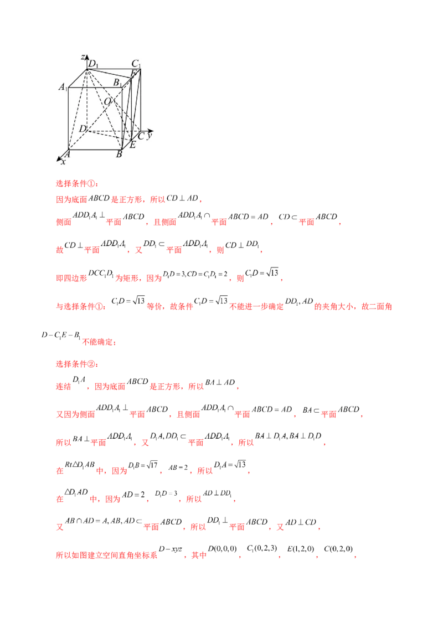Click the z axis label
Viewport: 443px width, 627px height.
82,57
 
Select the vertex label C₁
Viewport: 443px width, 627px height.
136,63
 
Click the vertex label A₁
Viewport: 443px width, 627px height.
63,88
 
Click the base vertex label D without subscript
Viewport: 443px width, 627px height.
82,129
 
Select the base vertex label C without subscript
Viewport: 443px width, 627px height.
141,136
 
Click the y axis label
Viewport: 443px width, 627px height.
150,134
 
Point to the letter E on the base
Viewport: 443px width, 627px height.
132,145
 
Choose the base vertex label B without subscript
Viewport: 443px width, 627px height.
119,154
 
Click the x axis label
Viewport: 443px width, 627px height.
63,162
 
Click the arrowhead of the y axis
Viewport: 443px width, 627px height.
152,131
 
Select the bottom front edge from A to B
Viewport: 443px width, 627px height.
94,150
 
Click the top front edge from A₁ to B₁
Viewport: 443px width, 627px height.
94,87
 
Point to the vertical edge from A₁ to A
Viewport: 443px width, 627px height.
68,119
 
